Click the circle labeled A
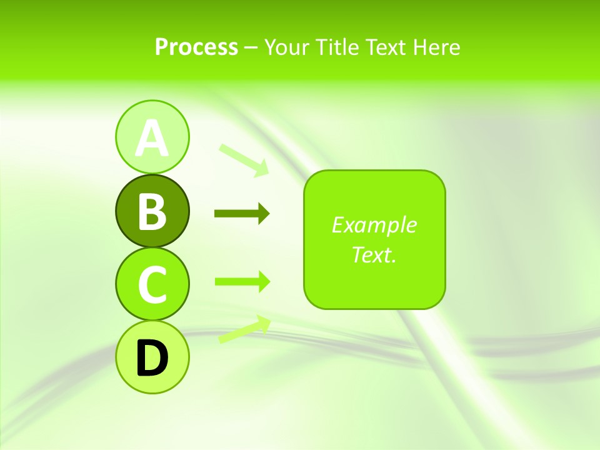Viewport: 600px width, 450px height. pos(152,137)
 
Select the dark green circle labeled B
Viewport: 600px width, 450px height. pos(152,211)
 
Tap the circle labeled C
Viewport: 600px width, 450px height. pos(152,284)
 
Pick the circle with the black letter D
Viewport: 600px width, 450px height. pos(152,357)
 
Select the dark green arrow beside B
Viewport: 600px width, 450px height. pos(241,214)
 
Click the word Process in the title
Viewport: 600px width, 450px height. pos(196,47)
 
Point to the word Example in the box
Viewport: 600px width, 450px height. pos(374,225)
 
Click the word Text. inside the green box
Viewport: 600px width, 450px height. pos(374,255)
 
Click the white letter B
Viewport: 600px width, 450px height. pos(152,211)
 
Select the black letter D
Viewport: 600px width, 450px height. pos(152,358)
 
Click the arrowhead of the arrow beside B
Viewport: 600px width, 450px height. pos(263,214)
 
